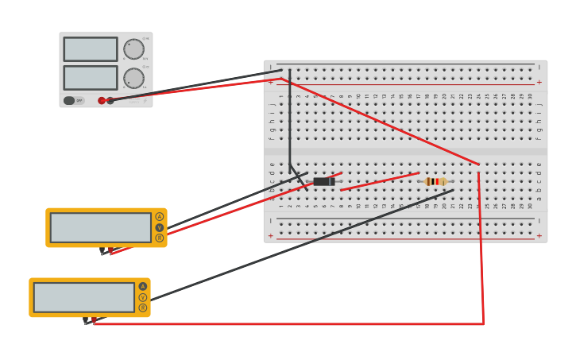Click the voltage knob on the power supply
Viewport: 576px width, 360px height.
[x=133, y=49]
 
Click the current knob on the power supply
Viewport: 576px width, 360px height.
[x=133, y=78]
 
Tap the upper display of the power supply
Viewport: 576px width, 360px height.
[x=91, y=49]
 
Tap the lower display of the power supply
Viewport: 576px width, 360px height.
[x=91, y=77]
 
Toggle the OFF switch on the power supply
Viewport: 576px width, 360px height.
[x=70, y=100]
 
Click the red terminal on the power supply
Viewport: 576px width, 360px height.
[x=102, y=100]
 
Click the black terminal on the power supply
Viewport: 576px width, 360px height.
[x=110, y=100]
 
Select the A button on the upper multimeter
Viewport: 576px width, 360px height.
[x=159, y=217]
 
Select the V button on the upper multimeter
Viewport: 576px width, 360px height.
[x=159, y=227]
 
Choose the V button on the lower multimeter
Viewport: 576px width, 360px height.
[x=143, y=297]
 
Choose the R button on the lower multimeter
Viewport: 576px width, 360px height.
[x=143, y=308]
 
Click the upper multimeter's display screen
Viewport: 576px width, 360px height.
[x=100, y=227]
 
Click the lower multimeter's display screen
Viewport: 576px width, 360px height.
[x=83, y=297]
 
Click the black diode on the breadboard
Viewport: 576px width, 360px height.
[x=323, y=181]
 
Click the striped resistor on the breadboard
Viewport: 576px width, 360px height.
[x=435, y=181]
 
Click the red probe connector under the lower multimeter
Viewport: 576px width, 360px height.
[x=95, y=320]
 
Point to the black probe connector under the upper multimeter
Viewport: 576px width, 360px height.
[x=102, y=250]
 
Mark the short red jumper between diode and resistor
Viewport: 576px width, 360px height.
[x=380, y=181]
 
